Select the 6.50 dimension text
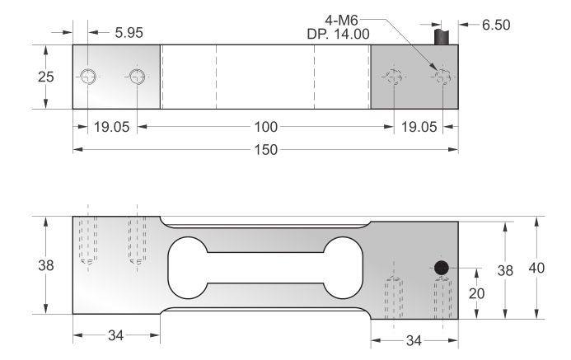tap(495, 25)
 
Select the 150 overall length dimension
tap(264, 150)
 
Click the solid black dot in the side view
tap(442, 268)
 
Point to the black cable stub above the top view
tap(446, 35)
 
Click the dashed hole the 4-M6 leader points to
tap(443, 77)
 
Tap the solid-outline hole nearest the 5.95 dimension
tap(89, 77)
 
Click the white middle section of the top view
tap(264, 77)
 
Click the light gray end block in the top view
tap(115, 77)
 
